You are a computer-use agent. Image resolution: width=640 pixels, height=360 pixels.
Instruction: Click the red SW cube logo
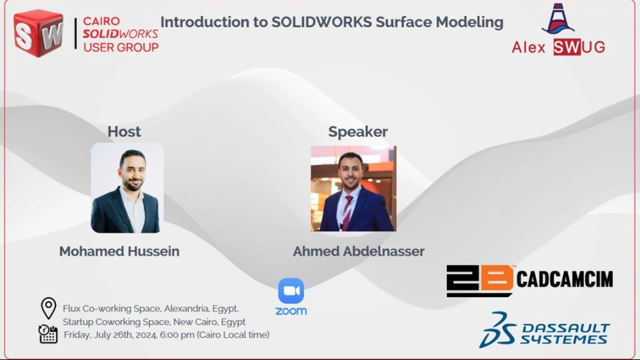(39, 33)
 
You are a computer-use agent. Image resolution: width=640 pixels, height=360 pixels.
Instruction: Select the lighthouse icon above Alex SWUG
(558, 19)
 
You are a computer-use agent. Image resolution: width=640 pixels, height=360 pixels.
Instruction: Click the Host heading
(124, 131)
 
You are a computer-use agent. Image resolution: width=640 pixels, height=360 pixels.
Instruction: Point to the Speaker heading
(358, 132)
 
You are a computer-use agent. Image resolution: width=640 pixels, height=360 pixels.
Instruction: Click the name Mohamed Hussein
(119, 251)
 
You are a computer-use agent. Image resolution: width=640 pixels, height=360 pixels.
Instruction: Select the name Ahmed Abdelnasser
(359, 251)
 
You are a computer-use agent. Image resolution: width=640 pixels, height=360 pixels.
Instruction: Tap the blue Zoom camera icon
(291, 291)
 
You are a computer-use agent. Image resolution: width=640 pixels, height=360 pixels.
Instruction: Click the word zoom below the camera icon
(291, 311)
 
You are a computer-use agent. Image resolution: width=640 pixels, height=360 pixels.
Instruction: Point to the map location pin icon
(49, 308)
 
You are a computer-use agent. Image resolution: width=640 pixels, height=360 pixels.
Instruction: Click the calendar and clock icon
(48, 334)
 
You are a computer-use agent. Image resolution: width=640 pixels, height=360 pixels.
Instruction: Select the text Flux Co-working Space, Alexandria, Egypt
(151, 309)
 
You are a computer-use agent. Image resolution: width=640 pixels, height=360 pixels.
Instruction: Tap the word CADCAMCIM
(565, 279)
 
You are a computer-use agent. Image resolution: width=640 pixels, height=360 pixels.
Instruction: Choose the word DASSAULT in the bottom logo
(566, 328)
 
